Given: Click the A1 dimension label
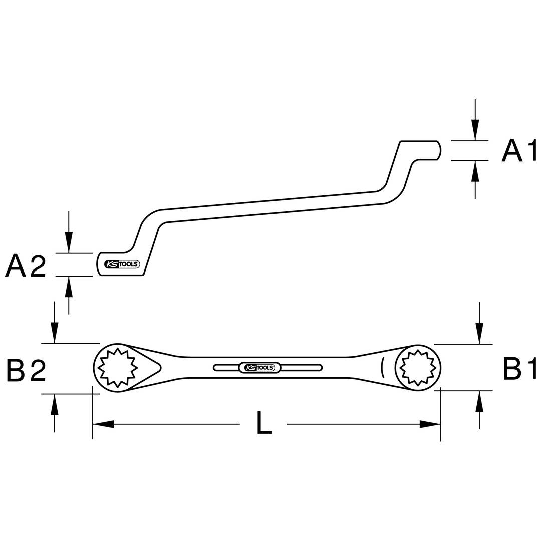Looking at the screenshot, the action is coord(519,151).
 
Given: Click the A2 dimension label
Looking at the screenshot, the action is coord(26,265).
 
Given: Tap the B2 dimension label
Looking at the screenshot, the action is coord(26,369).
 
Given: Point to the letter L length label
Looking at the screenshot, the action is coord(264,422).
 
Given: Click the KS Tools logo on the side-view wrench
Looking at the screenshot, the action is coord(122,264).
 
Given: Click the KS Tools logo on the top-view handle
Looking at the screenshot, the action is coord(257,368).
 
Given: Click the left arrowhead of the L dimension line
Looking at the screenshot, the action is coord(103,424).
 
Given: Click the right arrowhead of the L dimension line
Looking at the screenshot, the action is coord(430,424).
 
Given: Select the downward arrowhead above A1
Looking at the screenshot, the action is coord(475,130).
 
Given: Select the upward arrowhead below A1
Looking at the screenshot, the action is coord(475,171).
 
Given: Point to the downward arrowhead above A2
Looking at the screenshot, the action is coord(69,243).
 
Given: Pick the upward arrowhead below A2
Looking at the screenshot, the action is coord(69,287).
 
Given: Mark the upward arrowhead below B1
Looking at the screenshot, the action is coord(479,401).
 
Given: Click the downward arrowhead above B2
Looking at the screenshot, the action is coord(54,333).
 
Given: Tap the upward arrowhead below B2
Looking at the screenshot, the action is coord(54,404).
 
